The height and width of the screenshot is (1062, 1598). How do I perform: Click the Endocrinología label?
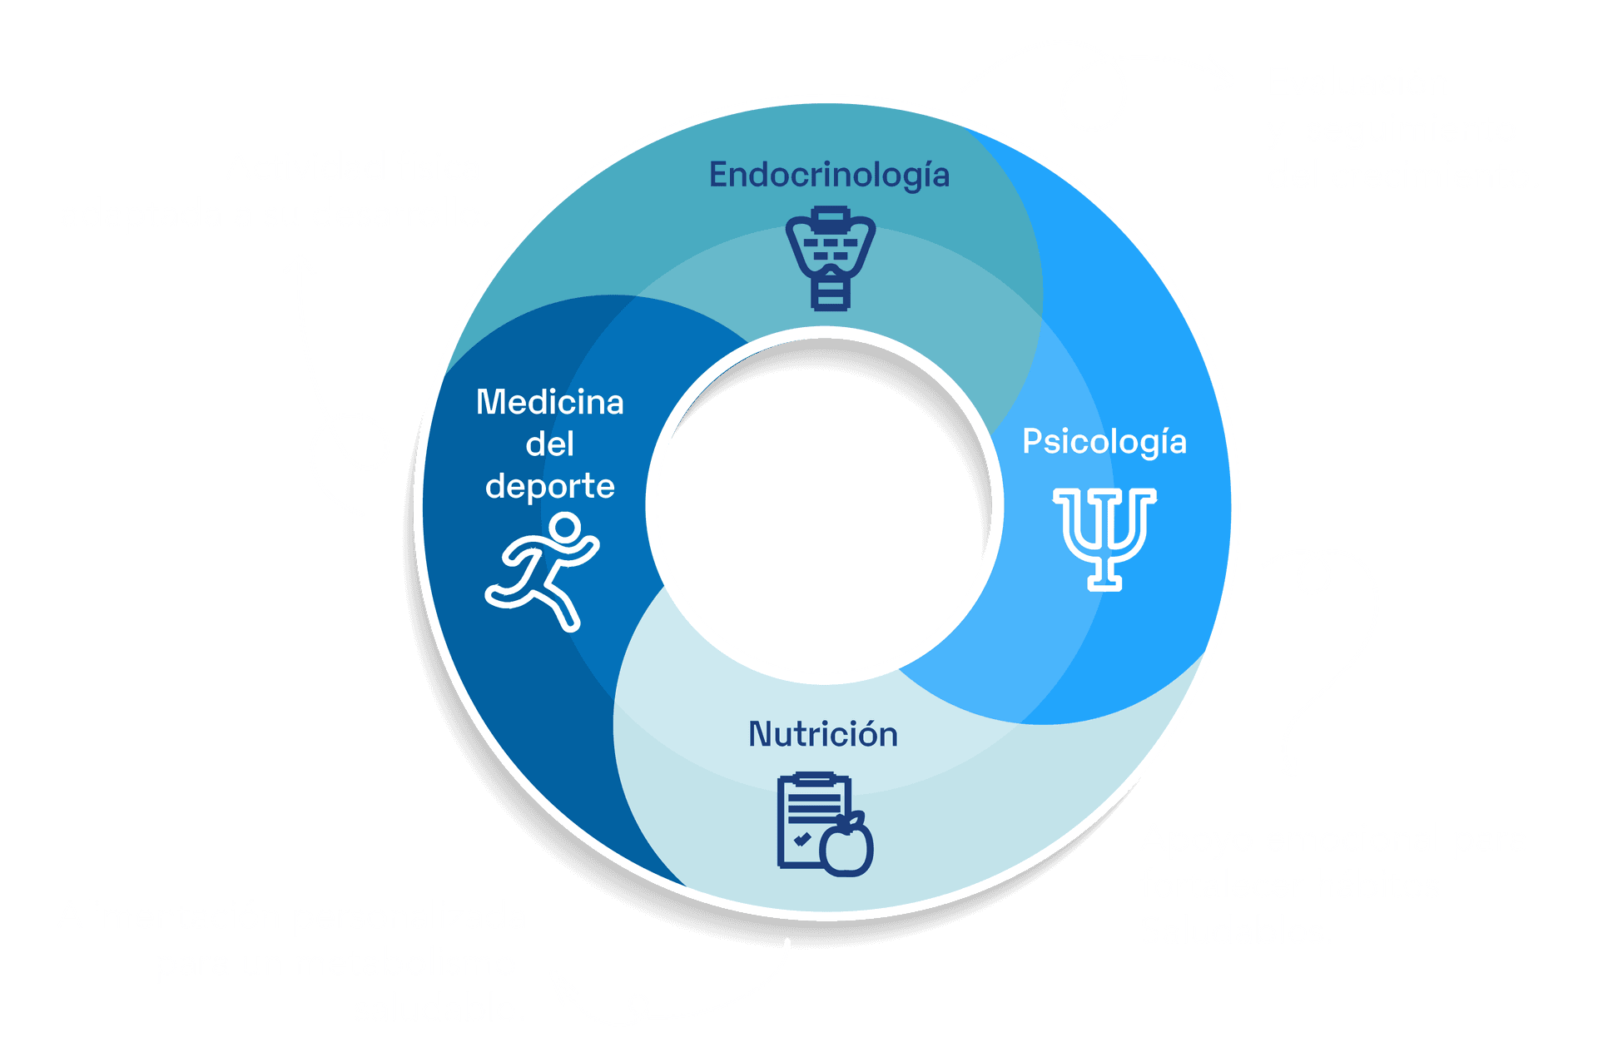[829, 176]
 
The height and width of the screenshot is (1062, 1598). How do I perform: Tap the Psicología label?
[1104, 441]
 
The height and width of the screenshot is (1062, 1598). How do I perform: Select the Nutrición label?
[822, 734]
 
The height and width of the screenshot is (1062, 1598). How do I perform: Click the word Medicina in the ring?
[549, 403]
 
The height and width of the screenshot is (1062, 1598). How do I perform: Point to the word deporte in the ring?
[549, 486]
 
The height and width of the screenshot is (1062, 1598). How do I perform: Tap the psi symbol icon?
[1104, 538]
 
